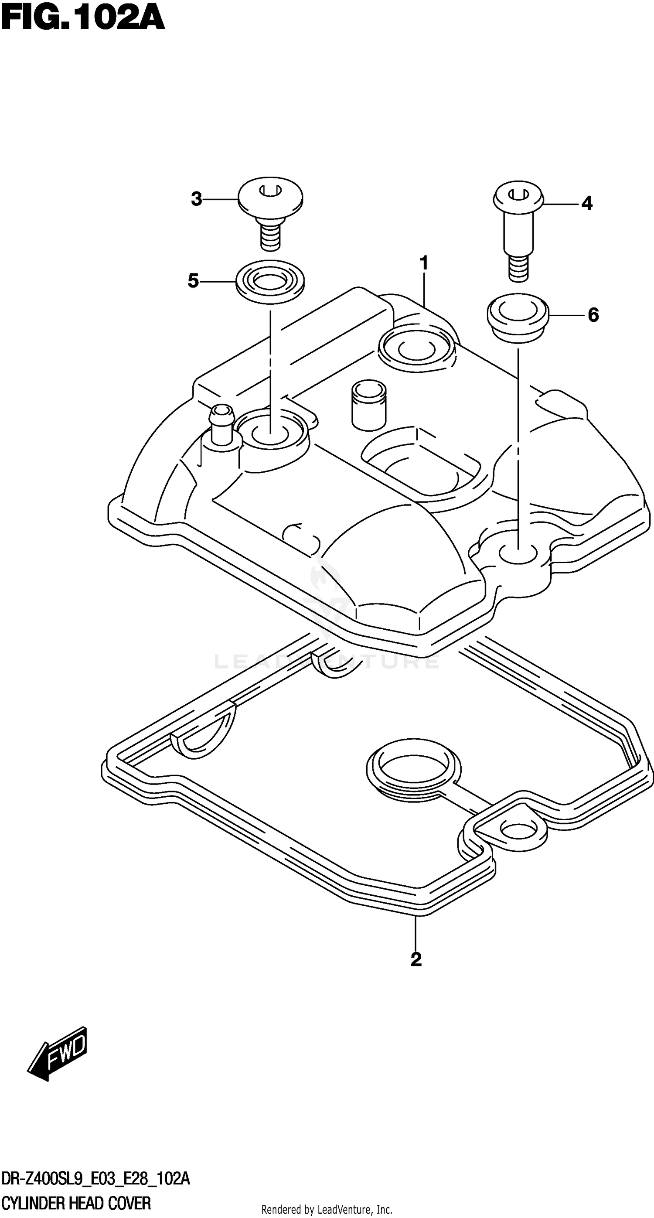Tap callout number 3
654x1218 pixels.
196,199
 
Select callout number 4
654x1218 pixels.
586,203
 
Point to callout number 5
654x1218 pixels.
194,281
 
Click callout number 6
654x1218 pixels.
593,315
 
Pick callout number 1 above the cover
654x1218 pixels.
424,263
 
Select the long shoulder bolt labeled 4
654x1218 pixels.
519,227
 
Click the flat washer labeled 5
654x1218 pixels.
270,282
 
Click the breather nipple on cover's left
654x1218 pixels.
222,423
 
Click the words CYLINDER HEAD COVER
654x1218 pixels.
77,1199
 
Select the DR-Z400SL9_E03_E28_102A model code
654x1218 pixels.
95,1175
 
